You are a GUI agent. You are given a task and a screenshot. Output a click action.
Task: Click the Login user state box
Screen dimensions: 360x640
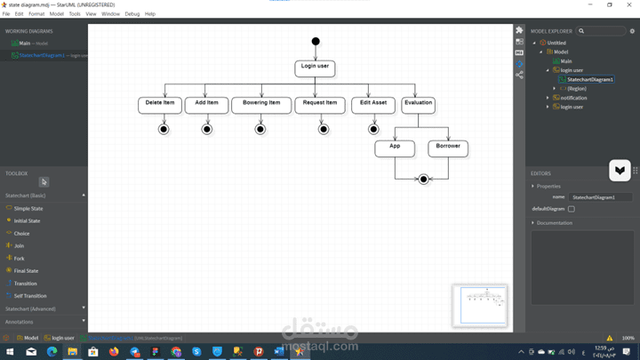pos(315,68)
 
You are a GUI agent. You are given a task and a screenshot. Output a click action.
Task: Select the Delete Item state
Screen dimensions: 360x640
pos(160,105)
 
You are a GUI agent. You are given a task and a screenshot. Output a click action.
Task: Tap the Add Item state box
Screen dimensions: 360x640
pos(206,105)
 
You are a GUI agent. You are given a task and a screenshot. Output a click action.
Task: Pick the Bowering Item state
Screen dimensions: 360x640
pos(260,105)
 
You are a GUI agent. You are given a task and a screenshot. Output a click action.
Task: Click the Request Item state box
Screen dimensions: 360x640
pos(320,105)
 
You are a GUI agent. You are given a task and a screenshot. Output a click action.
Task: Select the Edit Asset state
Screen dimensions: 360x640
pos(373,105)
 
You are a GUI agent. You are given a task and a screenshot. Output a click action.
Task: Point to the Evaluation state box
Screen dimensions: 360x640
pos(418,105)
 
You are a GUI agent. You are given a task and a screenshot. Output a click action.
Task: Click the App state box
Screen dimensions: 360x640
pos(395,148)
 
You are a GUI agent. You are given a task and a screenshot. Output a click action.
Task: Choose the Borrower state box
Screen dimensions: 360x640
pos(448,148)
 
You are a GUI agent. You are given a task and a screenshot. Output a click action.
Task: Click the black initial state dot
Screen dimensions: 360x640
pos(316,41)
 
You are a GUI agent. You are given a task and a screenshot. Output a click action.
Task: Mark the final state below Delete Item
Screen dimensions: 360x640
pos(164,130)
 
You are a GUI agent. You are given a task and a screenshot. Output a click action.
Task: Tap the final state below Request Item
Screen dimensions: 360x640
pos(324,130)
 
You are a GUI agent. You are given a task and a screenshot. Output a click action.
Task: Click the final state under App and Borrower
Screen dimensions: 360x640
pos(424,180)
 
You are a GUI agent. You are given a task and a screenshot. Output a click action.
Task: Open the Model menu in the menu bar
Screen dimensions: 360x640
pos(57,14)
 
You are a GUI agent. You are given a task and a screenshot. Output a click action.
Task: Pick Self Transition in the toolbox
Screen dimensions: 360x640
pos(30,296)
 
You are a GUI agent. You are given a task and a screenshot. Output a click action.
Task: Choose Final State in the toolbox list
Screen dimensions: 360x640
pos(26,271)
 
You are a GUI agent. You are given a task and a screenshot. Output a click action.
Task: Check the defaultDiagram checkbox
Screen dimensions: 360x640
pos(572,209)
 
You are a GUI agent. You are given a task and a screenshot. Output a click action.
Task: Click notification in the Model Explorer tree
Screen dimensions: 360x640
pos(572,98)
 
